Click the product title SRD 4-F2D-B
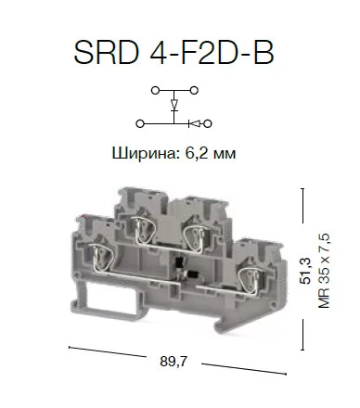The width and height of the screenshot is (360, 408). [x=174, y=52]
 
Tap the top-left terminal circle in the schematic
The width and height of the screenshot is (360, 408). [x=155, y=91]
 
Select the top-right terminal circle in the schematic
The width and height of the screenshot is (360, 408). [x=194, y=91]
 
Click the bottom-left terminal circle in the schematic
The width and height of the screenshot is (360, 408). [x=140, y=124]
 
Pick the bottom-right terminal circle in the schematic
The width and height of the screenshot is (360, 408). [x=208, y=124]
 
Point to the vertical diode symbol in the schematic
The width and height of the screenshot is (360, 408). [x=174, y=105]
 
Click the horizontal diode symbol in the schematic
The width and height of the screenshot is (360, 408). [x=195, y=124]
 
